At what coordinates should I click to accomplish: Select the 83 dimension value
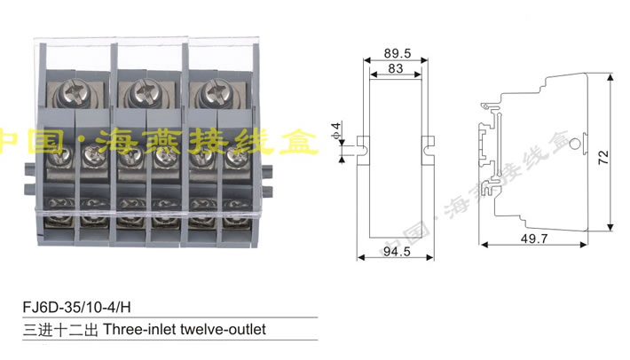coord(396,68)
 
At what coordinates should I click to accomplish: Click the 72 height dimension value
coord(604,158)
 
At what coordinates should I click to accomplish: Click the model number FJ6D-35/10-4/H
coord(77,309)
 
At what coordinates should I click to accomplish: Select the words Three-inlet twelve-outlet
coord(185,329)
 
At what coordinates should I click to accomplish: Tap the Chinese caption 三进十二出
coord(60,329)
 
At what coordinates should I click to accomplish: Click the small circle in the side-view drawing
coord(575,143)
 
